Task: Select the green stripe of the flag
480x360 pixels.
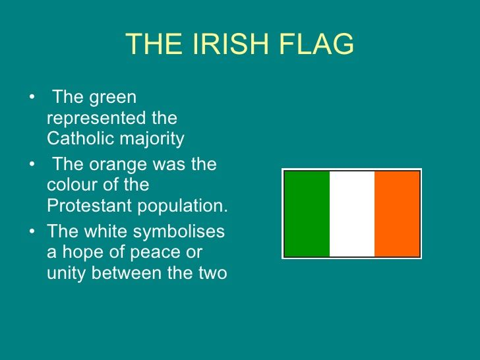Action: (307, 214)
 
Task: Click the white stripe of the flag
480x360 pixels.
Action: (352, 214)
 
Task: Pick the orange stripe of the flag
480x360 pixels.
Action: (397, 214)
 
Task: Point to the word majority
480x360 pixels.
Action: (152, 139)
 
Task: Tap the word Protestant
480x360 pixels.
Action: (90, 205)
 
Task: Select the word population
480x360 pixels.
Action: (183, 206)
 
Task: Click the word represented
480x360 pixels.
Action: (96, 119)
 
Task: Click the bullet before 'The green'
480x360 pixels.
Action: (32, 97)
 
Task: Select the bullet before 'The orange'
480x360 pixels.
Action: (32, 164)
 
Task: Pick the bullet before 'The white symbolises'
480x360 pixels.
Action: (32, 231)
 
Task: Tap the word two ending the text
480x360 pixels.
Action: (213, 273)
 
